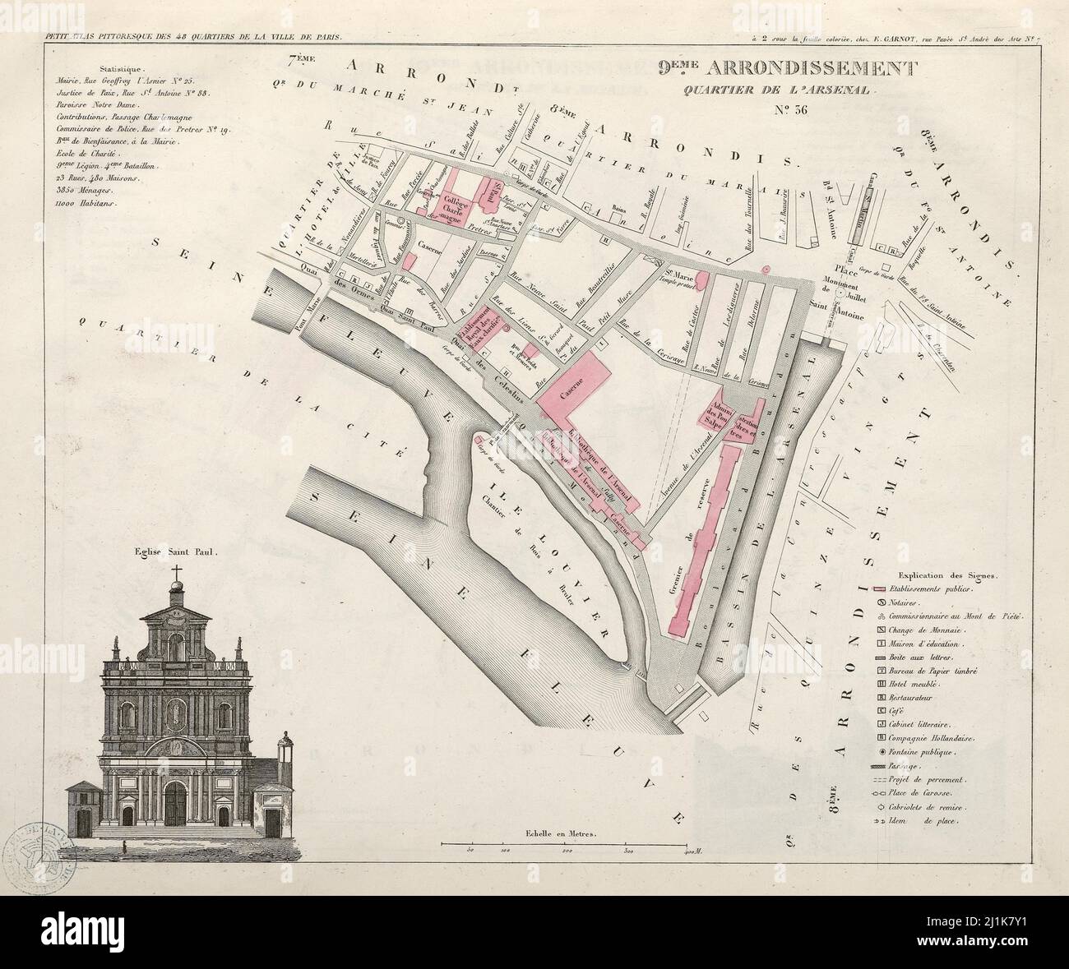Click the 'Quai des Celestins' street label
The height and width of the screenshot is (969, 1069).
click(x=502, y=374)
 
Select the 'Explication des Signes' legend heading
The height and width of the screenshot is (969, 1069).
click(x=947, y=576)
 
